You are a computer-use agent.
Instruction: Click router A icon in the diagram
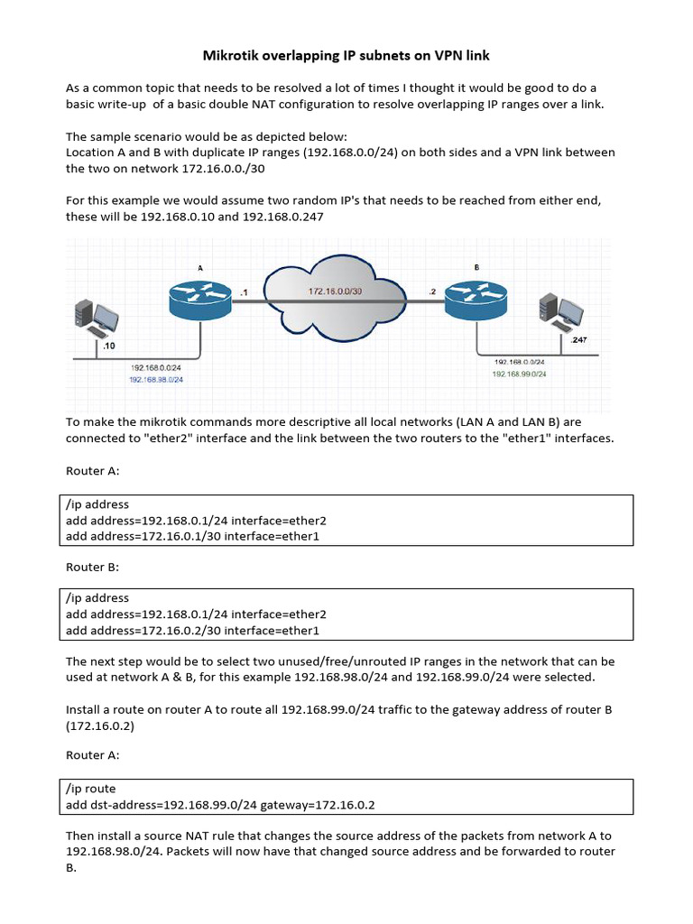point(200,295)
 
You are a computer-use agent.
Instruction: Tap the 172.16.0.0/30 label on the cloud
point(335,291)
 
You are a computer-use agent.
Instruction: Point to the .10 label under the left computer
point(108,346)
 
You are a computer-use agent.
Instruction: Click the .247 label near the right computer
point(578,340)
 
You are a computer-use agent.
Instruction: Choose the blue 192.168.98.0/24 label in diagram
point(156,380)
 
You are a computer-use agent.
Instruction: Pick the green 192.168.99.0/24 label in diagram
point(519,374)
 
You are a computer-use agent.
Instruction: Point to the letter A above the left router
point(200,267)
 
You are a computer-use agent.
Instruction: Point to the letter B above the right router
point(476,267)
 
